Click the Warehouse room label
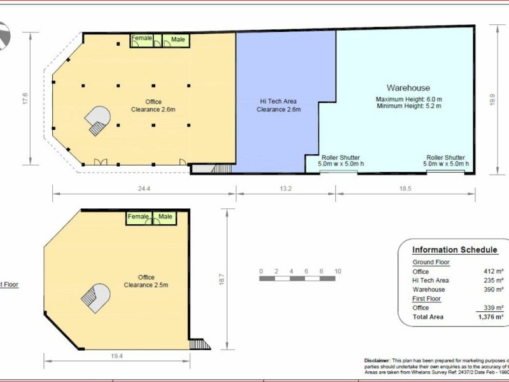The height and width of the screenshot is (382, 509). (408, 88)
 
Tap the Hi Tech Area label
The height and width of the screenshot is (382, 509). (278, 101)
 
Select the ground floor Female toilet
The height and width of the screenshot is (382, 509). (142, 39)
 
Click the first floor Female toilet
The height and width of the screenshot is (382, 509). (138, 216)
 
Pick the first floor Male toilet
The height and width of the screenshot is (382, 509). (165, 216)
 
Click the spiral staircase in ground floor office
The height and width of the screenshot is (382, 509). (99, 120)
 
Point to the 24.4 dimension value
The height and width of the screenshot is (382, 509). (144, 188)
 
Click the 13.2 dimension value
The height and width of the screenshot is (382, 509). (285, 188)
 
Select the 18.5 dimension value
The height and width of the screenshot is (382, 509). (405, 188)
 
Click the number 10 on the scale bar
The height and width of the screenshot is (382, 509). (338, 271)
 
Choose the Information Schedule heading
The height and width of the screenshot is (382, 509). (454, 250)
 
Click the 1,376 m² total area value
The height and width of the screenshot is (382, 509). (491, 316)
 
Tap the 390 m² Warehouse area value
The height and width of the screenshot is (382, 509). (494, 289)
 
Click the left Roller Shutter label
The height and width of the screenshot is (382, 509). (340, 157)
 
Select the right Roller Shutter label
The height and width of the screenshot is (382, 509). (445, 157)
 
